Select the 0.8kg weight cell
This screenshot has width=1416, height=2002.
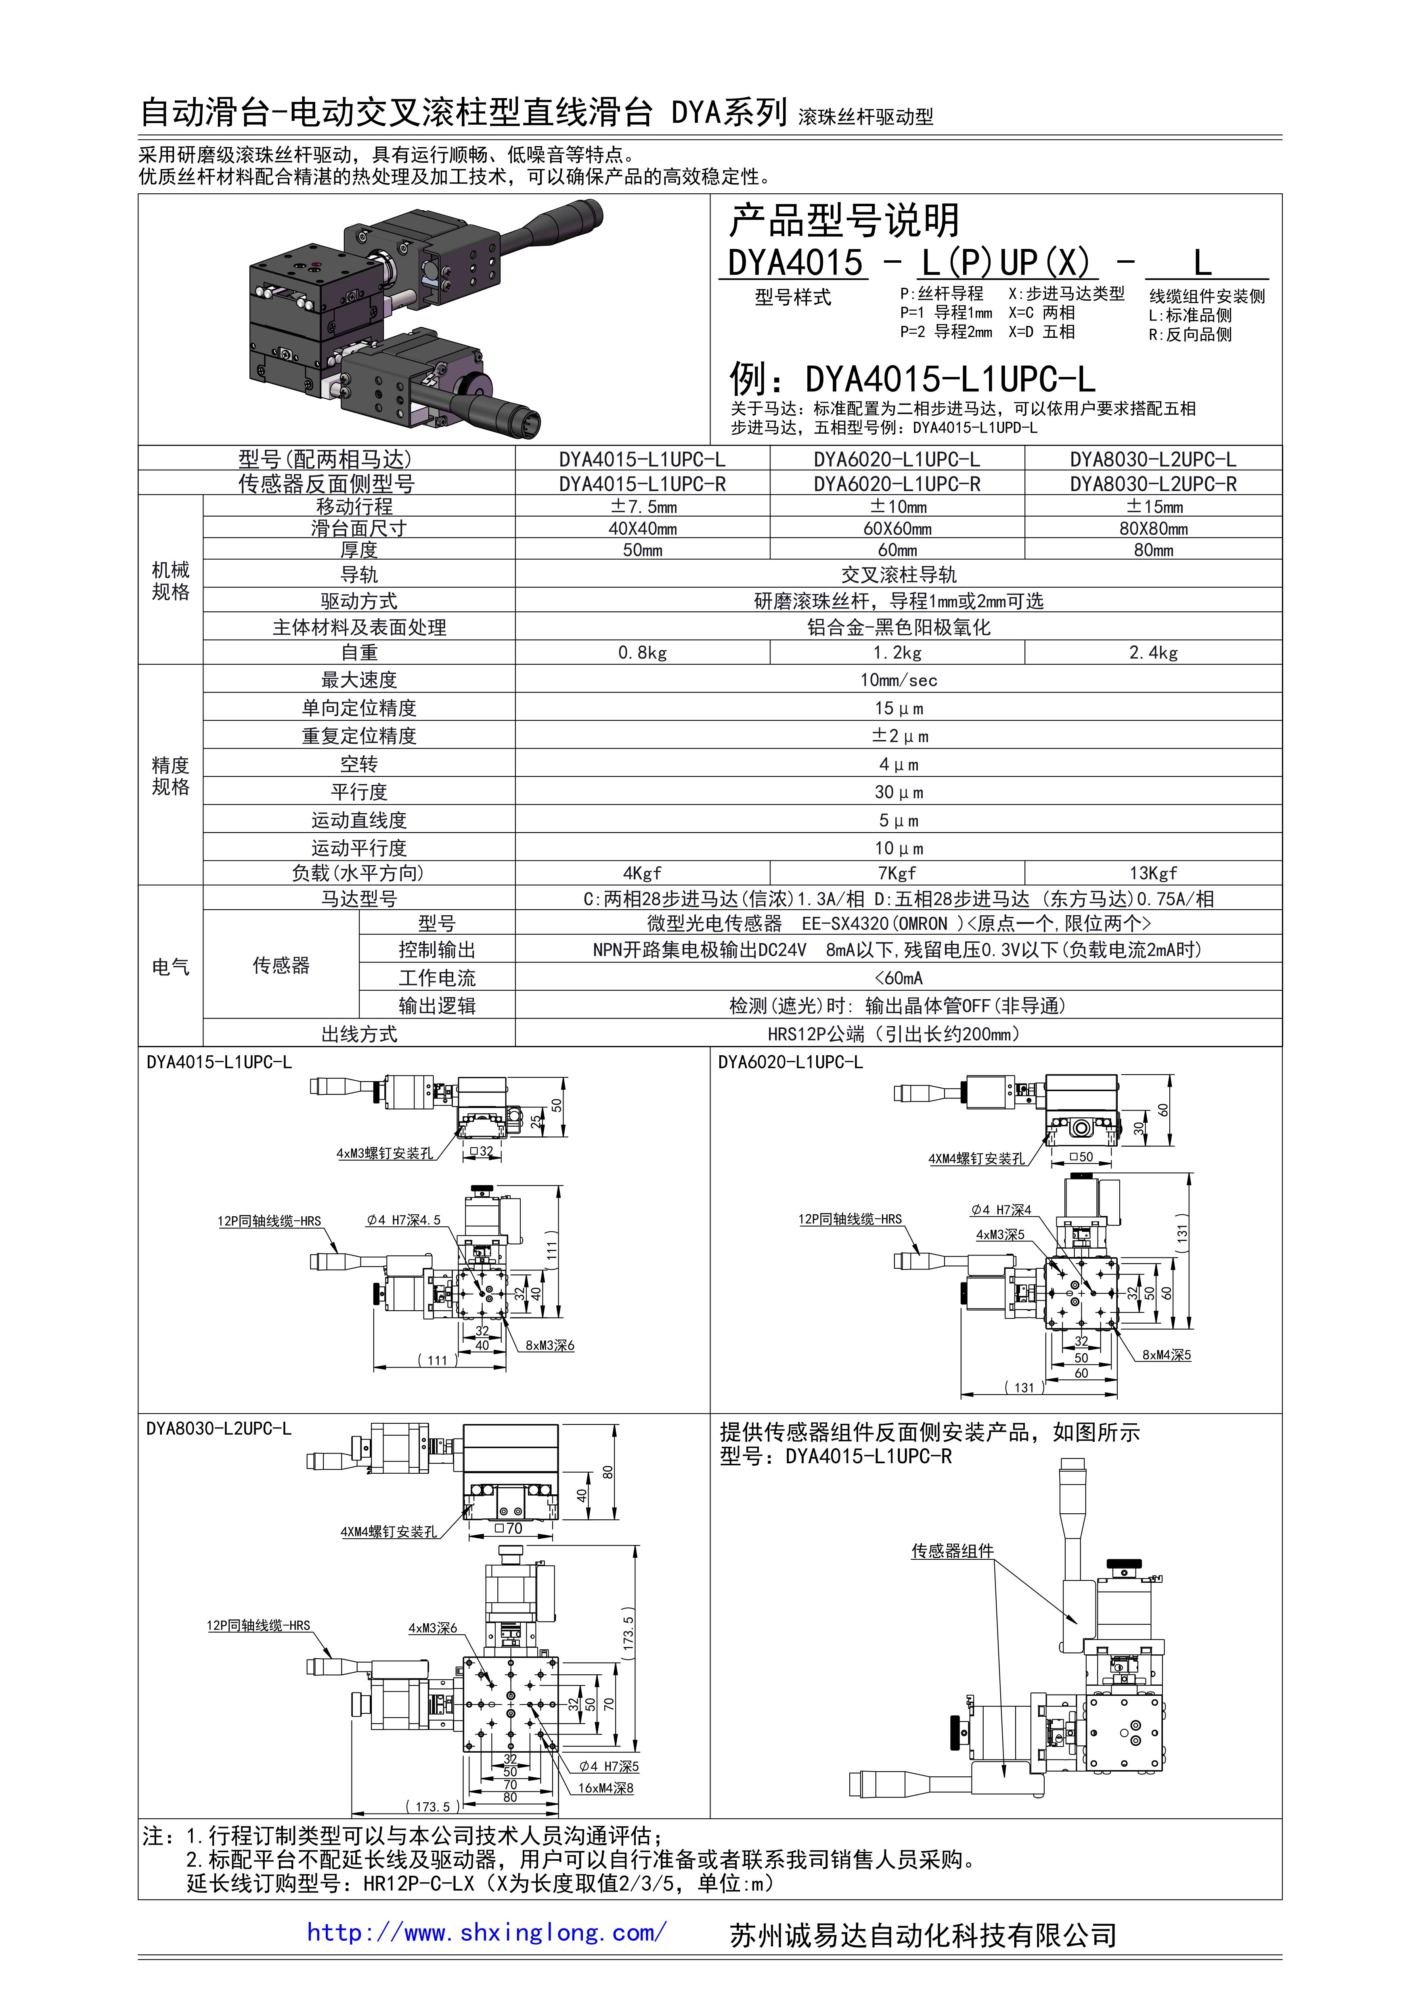(x=643, y=652)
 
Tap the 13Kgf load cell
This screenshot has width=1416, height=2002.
(x=1153, y=873)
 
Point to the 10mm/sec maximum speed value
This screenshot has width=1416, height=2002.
(x=899, y=680)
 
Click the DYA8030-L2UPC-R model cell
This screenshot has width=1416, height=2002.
(x=1153, y=484)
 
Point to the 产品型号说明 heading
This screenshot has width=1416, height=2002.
(x=844, y=221)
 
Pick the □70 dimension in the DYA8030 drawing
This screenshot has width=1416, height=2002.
(x=508, y=1529)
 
